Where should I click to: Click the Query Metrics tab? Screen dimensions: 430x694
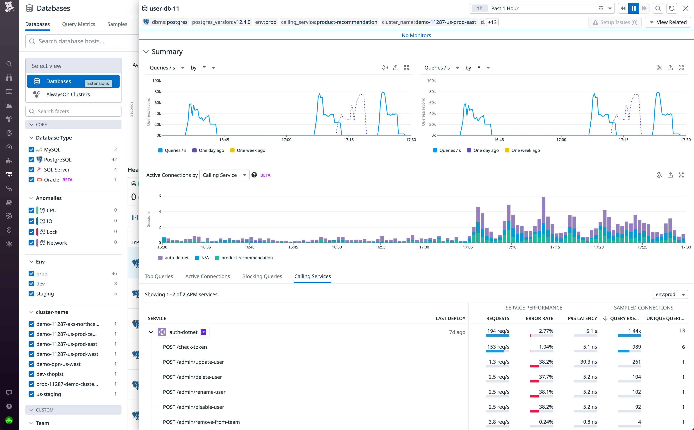pos(79,24)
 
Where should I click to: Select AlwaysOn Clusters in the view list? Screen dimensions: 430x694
pos(68,95)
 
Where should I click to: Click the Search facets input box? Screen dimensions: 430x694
pos(73,111)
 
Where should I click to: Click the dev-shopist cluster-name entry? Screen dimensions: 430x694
pos(50,374)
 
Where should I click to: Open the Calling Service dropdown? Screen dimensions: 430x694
pos(224,175)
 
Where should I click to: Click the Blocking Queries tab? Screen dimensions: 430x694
pos(262,276)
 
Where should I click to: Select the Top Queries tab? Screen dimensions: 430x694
pos(159,276)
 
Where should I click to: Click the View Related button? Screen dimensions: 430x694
pos(668,22)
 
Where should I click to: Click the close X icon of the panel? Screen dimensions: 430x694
pos(686,8)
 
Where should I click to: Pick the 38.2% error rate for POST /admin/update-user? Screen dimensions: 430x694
pos(546,362)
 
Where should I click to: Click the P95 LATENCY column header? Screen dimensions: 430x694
pos(582,318)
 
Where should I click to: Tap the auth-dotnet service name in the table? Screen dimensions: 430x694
pos(183,332)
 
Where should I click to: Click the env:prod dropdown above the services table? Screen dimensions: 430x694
pos(670,294)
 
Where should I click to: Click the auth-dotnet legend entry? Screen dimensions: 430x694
pos(176,258)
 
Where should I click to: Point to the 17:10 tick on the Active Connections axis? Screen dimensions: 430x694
pos(511,247)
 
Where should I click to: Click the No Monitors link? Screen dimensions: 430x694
pos(416,35)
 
